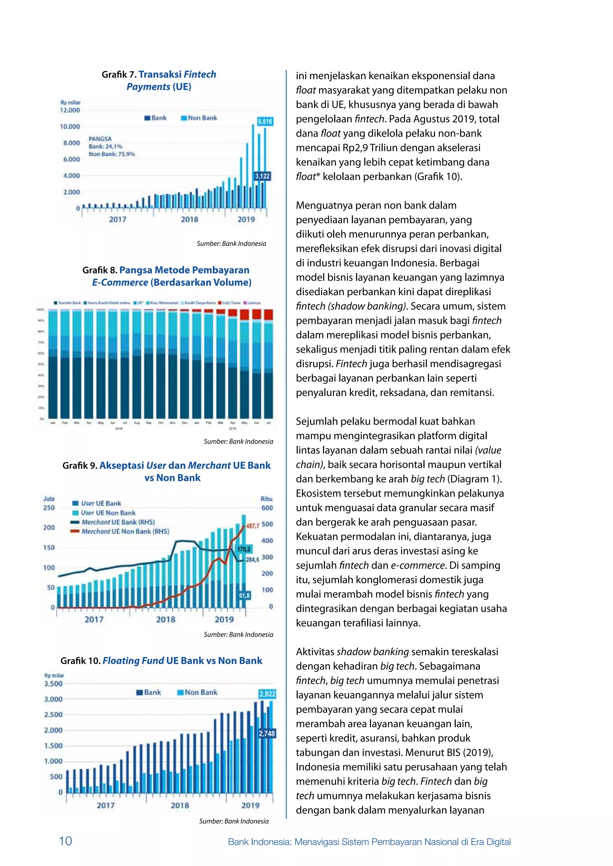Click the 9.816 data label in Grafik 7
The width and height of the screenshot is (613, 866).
point(265,121)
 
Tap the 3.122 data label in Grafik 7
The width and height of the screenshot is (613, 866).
point(262,176)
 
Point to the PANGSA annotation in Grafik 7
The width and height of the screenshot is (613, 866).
point(100,139)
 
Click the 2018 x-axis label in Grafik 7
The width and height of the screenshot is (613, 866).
point(189,219)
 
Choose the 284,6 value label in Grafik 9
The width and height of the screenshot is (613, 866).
point(253,560)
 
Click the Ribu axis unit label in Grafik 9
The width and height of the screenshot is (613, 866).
point(266,498)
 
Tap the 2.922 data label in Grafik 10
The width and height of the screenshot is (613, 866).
point(268,694)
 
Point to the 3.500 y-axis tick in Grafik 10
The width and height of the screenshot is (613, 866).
point(53,684)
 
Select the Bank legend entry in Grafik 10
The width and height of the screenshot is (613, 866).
point(149,693)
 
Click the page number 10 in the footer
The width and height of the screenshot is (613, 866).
point(65,841)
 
